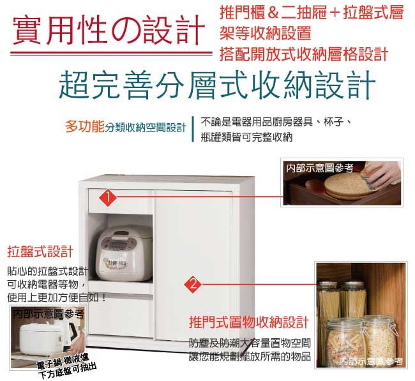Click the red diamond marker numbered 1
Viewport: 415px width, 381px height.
click(x=108, y=197)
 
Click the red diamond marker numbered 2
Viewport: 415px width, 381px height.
click(x=193, y=285)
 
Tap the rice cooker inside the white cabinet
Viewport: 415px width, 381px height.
click(x=124, y=253)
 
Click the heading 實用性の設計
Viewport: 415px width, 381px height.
click(x=109, y=31)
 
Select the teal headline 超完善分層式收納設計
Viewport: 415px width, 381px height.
click(x=217, y=85)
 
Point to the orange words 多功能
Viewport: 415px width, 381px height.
click(x=85, y=127)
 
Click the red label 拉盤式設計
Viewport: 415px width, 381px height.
click(x=40, y=251)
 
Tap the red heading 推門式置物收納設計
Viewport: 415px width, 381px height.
click(x=249, y=322)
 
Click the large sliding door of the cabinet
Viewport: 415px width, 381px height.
click(x=193, y=265)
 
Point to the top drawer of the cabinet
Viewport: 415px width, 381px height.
click(x=121, y=201)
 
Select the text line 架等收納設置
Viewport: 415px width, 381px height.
click(x=266, y=34)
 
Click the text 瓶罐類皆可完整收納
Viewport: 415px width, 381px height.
click(x=246, y=137)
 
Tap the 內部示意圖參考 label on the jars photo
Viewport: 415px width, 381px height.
click(x=371, y=361)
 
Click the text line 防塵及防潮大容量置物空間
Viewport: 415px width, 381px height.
click(x=250, y=343)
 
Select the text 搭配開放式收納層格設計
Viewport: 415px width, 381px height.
click(x=304, y=54)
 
